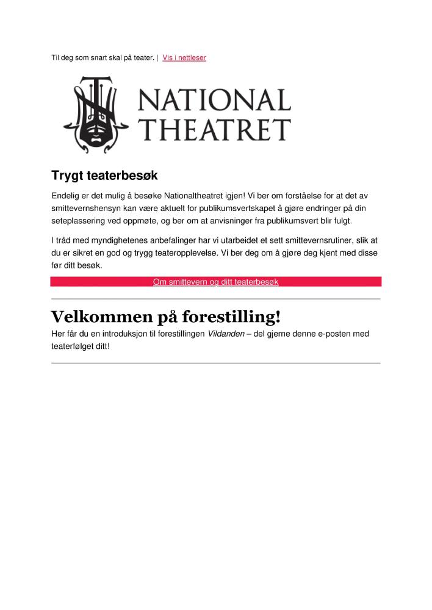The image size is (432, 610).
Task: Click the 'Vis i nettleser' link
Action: click(x=184, y=58)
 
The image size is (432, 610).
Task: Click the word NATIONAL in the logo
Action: click(x=214, y=100)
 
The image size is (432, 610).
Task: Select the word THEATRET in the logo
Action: click(x=214, y=129)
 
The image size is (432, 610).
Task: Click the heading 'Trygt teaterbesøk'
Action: click(x=104, y=176)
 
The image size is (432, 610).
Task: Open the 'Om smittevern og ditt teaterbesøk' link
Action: click(x=215, y=282)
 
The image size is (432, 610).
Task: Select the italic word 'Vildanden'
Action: click(x=226, y=334)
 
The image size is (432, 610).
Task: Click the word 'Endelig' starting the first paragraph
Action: click(x=67, y=196)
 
